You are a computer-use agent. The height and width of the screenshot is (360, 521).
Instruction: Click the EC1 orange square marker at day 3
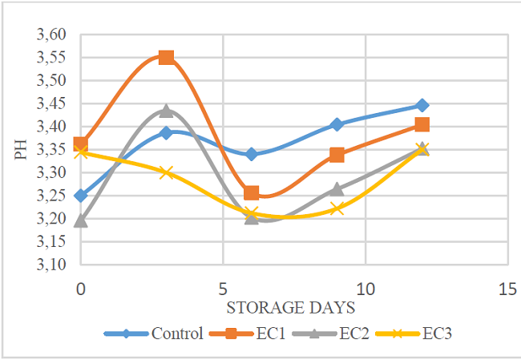pos(166,58)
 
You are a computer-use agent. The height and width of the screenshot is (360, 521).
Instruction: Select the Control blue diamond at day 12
pos(422,106)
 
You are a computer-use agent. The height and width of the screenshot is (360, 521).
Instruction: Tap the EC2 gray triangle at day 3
pos(166,111)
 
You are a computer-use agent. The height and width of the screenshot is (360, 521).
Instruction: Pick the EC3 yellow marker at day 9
pos(337,208)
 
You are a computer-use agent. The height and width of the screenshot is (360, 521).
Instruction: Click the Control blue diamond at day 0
pos(80,196)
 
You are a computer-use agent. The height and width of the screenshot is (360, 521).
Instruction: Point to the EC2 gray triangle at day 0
pos(80,220)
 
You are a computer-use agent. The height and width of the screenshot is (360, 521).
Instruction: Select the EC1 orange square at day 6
pos(252,193)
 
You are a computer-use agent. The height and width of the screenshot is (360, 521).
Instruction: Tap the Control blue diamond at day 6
pos(252,154)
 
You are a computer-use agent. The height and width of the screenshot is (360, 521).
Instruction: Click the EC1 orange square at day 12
pos(422,124)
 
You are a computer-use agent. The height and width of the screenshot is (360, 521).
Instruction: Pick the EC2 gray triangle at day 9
pos(337,189)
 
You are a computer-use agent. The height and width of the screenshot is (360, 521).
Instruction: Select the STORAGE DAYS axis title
pos(291,306)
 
